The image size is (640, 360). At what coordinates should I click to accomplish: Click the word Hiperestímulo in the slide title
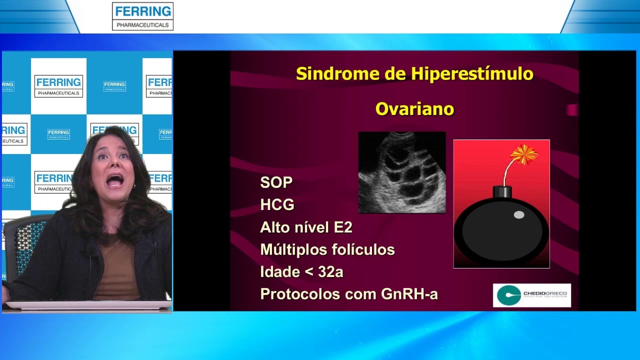point(472,74)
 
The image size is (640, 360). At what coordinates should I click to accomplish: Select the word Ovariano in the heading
point(414,109)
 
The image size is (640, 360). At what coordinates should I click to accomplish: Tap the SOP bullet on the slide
point(276,182)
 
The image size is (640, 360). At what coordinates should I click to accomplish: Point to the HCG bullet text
point(277,205)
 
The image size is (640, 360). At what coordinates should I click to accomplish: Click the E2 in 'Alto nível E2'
point(343,227)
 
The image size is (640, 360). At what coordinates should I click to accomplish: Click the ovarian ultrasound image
point(402,172)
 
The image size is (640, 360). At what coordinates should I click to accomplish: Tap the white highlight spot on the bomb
point(519,215)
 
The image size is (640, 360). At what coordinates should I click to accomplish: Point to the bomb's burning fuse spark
point(523,154)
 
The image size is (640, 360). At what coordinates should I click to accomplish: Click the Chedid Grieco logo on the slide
point(531,295)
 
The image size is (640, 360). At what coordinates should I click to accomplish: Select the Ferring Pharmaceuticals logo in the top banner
point(142,16)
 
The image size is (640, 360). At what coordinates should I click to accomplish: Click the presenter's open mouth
point(115,180)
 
